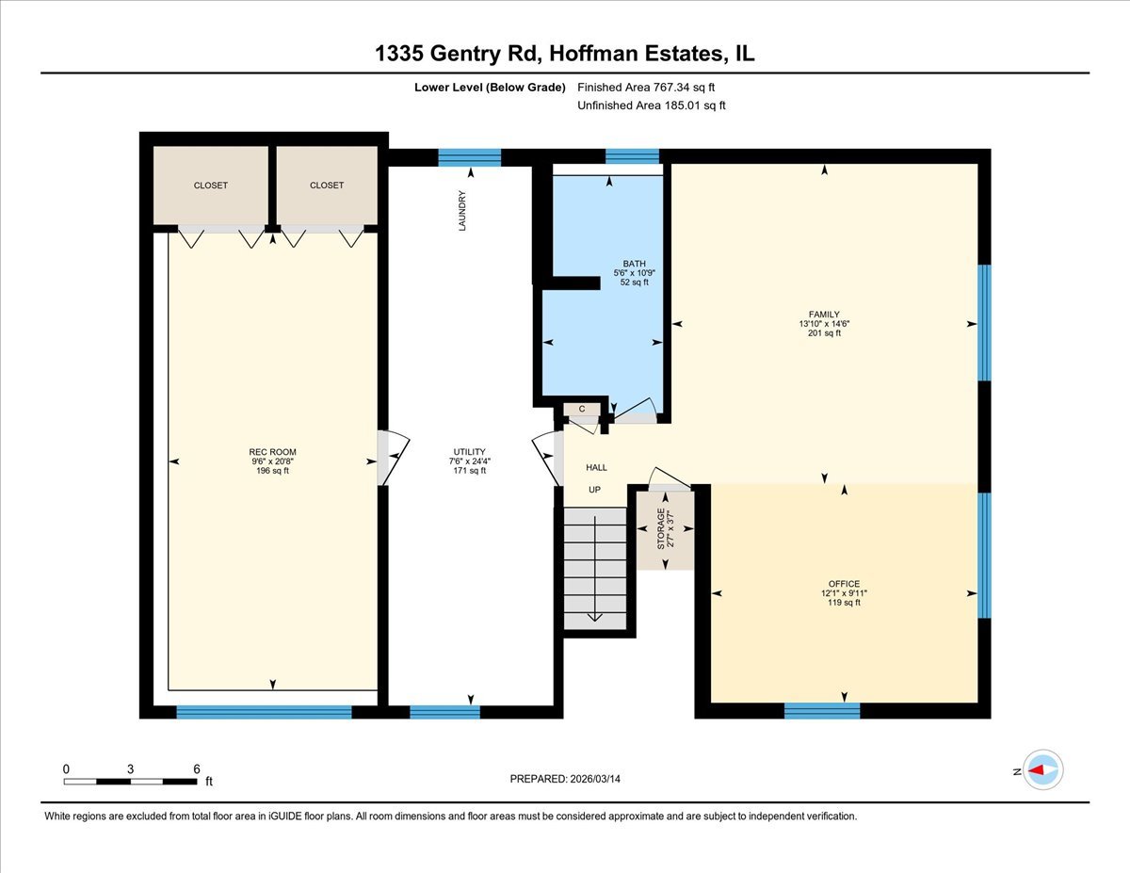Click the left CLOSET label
[x=210, y=186]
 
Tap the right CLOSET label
[x=327, y=186]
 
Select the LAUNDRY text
[x=462, y=212]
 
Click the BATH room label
[x=634, y=264]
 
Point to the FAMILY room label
[x=824, y=315]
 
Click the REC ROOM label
[x=272, y=452]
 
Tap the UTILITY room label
[x=468, y=452]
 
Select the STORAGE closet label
[x=661, y=528]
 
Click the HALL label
[x=596, y=467]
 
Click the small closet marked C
[x=582, y=409]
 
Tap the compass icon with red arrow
[x=1043, y=769]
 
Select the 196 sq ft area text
[x=272, y=471]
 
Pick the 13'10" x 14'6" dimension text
[x=824, y=324]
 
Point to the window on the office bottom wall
[x=822, y=711]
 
